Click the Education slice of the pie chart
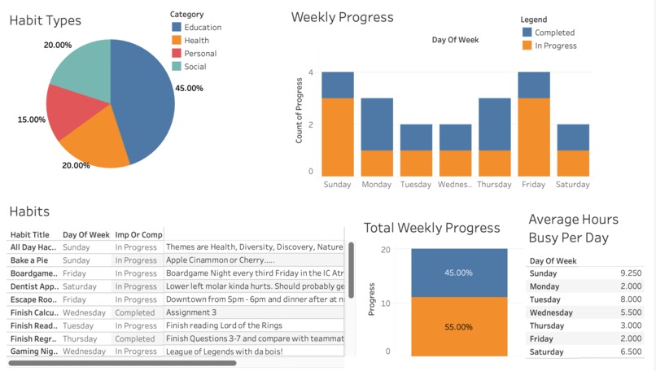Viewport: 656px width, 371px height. click(147, 98)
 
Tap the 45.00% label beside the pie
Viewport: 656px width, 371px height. click(189, 88)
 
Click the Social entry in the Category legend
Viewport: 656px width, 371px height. click(195, 67)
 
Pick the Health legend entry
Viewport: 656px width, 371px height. click(196, 41)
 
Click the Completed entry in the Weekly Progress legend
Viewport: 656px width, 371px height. click(553, 33)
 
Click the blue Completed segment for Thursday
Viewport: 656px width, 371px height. click(494, 124)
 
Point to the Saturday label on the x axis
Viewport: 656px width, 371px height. click(572, 185)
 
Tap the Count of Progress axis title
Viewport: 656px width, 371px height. click(300, 123)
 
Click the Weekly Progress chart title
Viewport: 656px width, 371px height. click(342, 17)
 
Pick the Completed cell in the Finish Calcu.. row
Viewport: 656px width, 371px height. click(134, 312)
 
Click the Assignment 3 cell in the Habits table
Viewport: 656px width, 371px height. click(191, 312)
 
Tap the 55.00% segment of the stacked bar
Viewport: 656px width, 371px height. click(458, 326)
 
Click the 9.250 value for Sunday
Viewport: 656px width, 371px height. click(630, 273)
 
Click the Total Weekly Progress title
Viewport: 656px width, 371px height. click(431, 228)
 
